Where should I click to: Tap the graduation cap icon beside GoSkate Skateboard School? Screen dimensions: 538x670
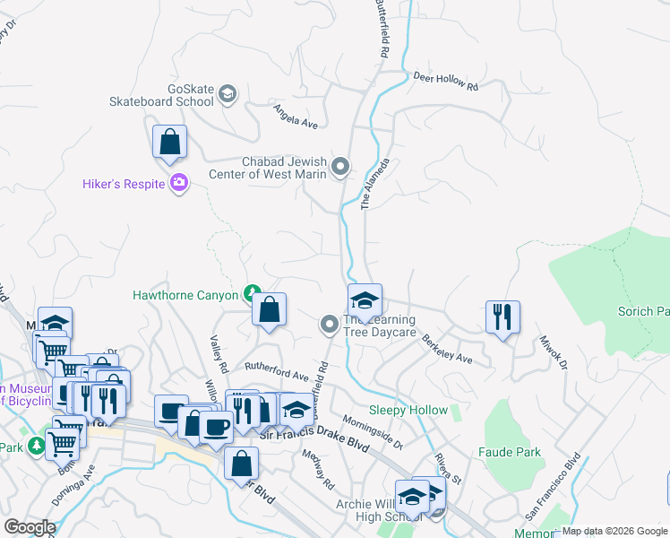click(x=228, y=93)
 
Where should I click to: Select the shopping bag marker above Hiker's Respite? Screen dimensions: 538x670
click(x=169, y=143)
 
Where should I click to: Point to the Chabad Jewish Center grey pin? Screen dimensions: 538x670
click(x=340, y=167)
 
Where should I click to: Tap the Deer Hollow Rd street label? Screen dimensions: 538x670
click(x=446, y=80)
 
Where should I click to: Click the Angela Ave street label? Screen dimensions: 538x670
click(x=296, y=115)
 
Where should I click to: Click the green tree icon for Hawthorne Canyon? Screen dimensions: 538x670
click(x=253, y=293)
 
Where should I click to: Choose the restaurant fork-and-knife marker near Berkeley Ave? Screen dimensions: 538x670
click(x=502, y=317)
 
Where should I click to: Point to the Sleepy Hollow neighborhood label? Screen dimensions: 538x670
click(x=408, y=410)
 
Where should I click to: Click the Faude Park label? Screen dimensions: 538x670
click(x=510, y=452)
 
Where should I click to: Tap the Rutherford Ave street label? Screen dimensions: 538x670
click(x=278, y=371)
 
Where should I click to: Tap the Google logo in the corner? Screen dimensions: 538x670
click(x=29, y=526)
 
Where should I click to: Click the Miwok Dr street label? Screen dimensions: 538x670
click(x=553, y=353)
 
